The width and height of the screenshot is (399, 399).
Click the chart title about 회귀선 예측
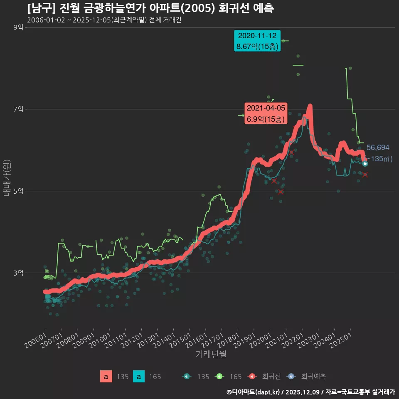pos(150,8)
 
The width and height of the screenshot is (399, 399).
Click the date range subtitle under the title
pos(104,20)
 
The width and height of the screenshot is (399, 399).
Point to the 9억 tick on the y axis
pos(18,27)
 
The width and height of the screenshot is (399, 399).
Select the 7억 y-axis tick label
pos(18,109)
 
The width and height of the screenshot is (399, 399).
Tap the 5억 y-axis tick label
pos(18,191)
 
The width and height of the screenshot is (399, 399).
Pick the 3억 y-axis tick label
pos(18,273)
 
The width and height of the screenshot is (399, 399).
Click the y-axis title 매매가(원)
pos(7,177)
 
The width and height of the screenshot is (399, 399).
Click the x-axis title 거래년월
pos(211,355)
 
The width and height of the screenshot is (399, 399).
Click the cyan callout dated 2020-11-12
pos(257,41)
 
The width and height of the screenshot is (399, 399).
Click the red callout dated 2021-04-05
pos(266,113)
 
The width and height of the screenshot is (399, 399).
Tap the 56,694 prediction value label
pos(378,148)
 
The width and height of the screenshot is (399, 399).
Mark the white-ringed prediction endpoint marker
pos(365,164)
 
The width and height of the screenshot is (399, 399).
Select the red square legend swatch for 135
pos(106,377)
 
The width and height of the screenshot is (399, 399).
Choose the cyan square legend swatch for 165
pos(139,377)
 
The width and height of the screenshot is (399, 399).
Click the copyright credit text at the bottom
pos(310,392)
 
